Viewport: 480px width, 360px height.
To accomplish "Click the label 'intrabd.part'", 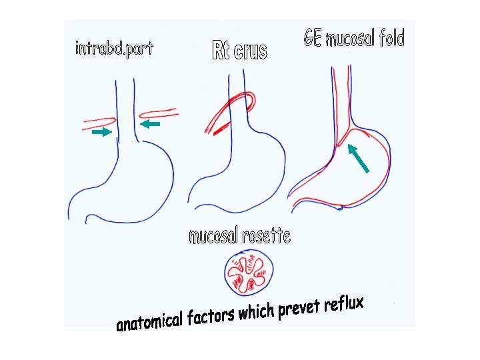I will click(114, 49).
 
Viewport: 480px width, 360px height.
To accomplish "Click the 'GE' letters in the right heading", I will click(313, 38).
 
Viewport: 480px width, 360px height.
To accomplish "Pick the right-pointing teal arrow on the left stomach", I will click(101, 133).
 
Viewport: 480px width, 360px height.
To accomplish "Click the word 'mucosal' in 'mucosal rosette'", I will click(214, 236).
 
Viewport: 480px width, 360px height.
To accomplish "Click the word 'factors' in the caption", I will click(210, 315).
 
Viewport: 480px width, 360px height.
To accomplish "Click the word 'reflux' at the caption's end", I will click(344, 305).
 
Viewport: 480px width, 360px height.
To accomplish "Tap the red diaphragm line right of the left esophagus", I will click(158, 111).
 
